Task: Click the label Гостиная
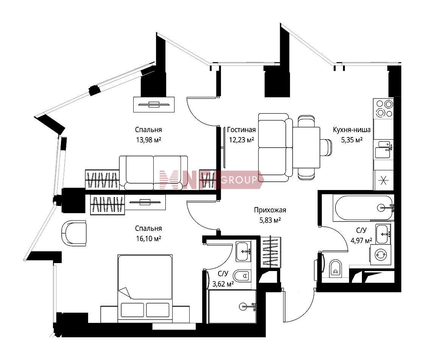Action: (x=241, y=130)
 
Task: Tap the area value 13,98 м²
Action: (x=148, y=140)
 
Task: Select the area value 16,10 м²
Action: (x=148, y=238)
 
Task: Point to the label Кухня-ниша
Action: (x=352, y=130)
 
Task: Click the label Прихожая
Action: (x=270, y=210)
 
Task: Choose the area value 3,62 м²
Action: (x=223, y=284)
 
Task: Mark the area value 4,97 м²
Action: (x=361, y=240)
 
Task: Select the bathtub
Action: (x=363, y=208)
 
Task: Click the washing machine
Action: (x=380, y=254)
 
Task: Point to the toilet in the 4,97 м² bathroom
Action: (x=335, y=268)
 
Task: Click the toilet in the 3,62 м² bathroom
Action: (x=242, y=276)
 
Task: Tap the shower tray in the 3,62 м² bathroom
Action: (x=232, y=307)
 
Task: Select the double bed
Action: (x=145, y=288)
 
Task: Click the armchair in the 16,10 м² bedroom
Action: (x=74, y=233)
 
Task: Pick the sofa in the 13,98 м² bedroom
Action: (x=153, y=173)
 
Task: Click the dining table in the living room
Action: (x=306, y=147)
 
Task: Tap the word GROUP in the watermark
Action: (x=239, y=179)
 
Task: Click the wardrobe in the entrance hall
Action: (x=270, y=252)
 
